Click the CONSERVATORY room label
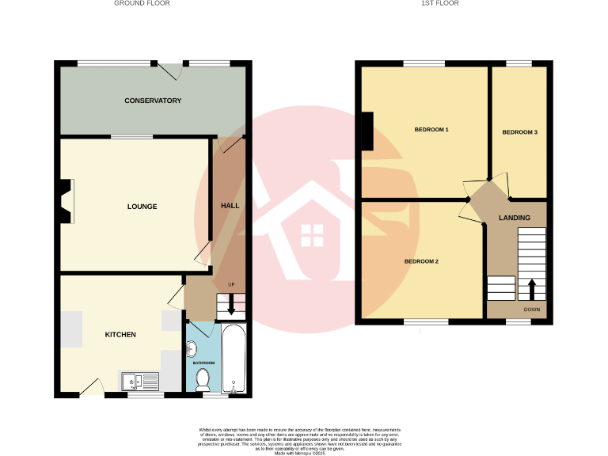[153, 101]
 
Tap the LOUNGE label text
[142, 207]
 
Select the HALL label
[230, 206]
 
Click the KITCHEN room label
[120, 335]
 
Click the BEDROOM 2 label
[421, 262]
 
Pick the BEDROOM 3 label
[519, 132]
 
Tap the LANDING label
[514, 218]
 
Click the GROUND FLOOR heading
[142, 3]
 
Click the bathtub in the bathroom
[234, 358]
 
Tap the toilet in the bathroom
[203, 379]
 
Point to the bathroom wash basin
[191, 346]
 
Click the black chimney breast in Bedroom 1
[367, 131]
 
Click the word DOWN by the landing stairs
[531, 310]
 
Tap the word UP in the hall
[231, 285]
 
